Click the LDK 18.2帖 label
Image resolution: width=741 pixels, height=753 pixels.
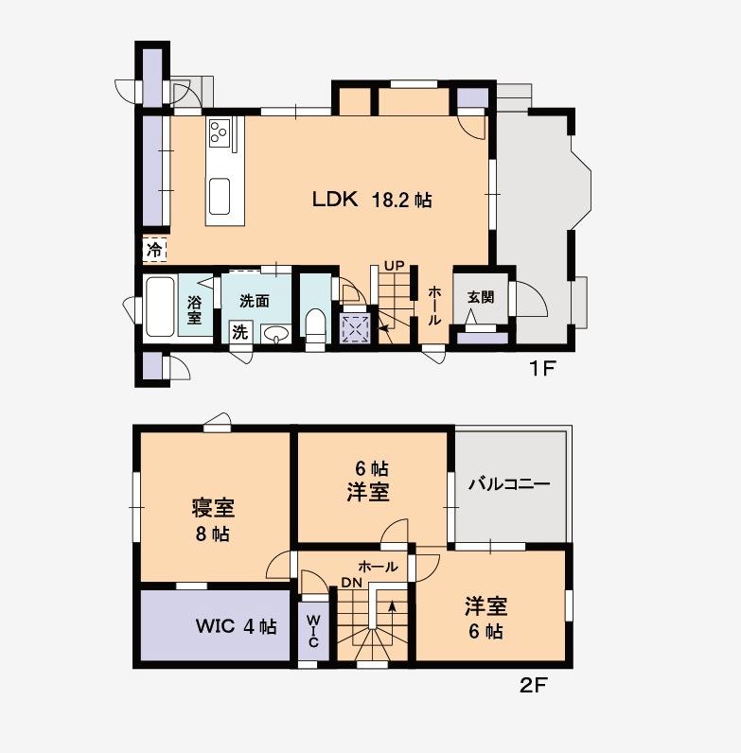point(373,200)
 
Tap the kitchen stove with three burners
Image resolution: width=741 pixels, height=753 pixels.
point(220,133)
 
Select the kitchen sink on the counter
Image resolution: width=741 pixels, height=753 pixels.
point(221,197)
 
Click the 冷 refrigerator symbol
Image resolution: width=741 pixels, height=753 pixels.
point(154,250)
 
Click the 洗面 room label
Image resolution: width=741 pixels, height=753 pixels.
point(255,301)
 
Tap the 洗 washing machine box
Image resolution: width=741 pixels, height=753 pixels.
point(240,332)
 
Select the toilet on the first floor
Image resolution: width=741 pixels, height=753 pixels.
point(315,324)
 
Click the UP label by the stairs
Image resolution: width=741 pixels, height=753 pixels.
point(394,265)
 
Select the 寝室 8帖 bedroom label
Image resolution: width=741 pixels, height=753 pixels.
point(213,520)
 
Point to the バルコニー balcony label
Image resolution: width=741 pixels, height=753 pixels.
point(509,483)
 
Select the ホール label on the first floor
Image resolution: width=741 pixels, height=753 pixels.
point(434,306)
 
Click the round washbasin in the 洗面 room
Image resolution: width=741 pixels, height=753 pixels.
point(275,334)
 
